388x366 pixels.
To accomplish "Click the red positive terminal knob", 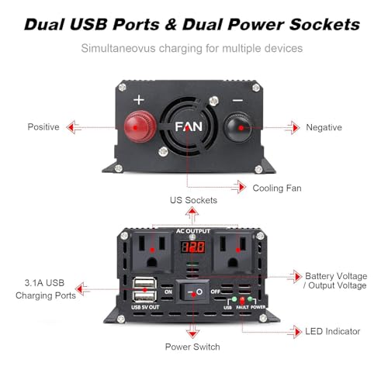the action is (140, 126).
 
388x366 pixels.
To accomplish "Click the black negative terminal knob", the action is (238, 127).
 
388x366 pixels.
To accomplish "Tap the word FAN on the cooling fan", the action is (189, 126).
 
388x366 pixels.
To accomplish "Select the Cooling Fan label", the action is (277, 188).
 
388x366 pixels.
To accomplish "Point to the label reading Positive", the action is (43, 127).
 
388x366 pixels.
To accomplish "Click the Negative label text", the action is (324, 127).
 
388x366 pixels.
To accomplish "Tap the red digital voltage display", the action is (192, 247).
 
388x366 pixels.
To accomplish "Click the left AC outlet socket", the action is (152, 252).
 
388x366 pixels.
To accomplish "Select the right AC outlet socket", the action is (233, 252).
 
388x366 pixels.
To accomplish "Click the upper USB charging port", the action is (145, 283).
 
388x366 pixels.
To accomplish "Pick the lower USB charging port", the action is (145, 296).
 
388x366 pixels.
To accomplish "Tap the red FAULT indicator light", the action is (242, 300).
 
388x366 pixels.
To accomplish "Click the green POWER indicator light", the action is (250, 299).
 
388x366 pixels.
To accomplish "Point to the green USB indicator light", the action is (234, 299).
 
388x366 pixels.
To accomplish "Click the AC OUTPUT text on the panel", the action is (193, 231).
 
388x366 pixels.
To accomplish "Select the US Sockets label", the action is (193, 200).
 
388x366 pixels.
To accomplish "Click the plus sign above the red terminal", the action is (139, 100).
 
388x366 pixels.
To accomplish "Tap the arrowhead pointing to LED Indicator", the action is (298, 332).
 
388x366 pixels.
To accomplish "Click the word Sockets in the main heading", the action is (324, 25).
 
